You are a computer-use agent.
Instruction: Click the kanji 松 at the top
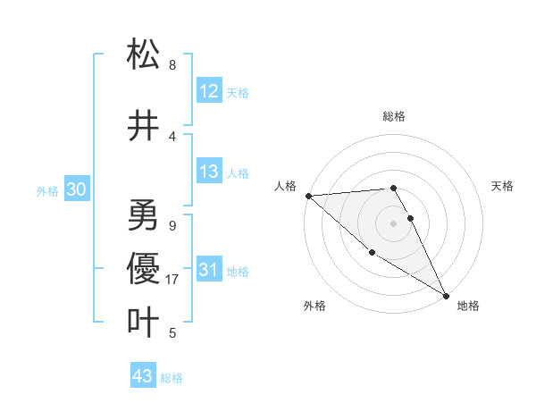[x=143, y=55]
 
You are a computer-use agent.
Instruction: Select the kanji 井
[x=143, y=126]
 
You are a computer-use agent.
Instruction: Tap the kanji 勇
[x=143, y=215]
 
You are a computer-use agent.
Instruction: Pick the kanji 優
[x=143, y=269]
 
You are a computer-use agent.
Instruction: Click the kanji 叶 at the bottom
[x=143, y=322]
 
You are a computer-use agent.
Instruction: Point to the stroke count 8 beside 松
[x=172, y=65]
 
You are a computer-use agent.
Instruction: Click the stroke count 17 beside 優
[x=173, y=280]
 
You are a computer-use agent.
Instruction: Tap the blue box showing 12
[x=209, y=91]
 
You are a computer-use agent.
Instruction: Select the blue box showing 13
[x=209, y=172]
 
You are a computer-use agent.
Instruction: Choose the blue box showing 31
[x=209, y=270]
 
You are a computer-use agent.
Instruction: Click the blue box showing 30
[x=76, y=189]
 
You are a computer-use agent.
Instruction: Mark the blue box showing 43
[x=143, y=376]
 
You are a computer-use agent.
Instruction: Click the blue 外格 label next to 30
[x=47, y=190]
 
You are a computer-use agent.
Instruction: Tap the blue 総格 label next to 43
[x=172, y=378]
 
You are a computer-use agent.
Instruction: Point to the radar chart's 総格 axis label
[x=393, y=116]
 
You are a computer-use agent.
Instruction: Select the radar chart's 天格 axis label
[x=503, y=186]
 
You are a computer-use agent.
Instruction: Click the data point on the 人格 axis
[x=308, y=195]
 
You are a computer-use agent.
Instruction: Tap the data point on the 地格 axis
[x=446, y=296]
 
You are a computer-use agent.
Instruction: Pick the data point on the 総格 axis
[x=393, y=188]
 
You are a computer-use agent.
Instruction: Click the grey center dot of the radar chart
[x=393, y=223]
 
